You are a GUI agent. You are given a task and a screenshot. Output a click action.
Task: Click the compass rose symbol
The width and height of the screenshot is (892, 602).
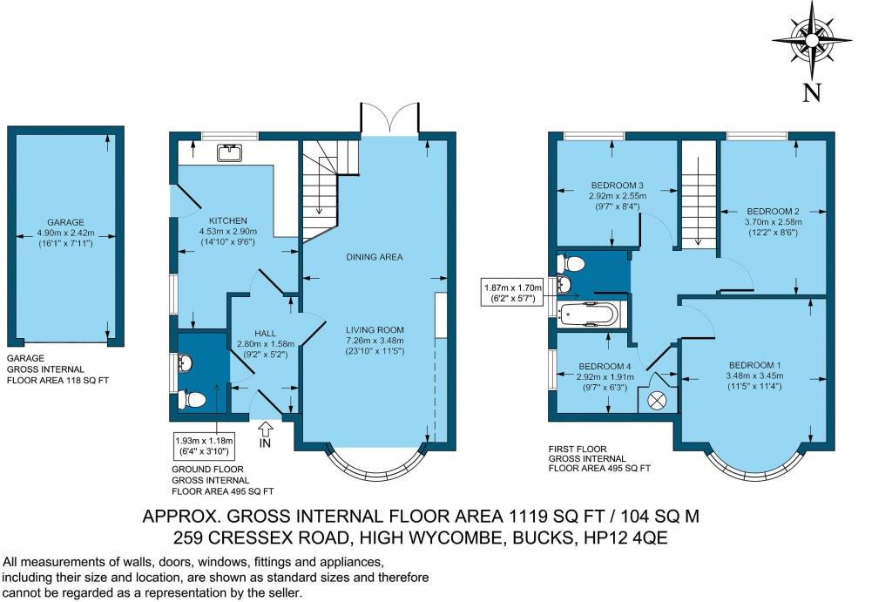tap(812, 40)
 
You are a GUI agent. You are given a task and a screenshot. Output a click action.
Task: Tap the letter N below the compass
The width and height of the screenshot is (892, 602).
tap(813, 92)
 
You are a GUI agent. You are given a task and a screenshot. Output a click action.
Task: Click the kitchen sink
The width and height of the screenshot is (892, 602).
tap(230, 152)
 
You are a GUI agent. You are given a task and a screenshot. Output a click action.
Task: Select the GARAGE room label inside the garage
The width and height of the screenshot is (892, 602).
tap(65, 222)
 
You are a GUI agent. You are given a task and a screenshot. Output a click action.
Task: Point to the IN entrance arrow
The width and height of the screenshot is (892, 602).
tap(266, 434)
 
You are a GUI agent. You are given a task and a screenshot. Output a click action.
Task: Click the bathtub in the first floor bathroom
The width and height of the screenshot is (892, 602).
tap(588, 315)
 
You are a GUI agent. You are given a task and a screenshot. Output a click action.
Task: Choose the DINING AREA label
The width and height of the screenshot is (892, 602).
tap(375, 257)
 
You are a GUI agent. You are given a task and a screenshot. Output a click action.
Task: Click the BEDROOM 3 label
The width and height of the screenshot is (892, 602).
tap(618, 186)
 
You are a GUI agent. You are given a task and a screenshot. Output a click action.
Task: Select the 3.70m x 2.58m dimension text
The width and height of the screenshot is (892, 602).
tap(774, 222)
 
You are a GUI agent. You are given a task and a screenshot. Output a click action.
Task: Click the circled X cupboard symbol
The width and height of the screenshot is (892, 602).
tap(657, 400)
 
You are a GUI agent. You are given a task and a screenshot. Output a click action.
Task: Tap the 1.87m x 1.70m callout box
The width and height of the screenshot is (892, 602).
tap(512, 293)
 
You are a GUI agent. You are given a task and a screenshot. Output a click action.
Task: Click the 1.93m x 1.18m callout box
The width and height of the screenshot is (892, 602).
tap(204, 446)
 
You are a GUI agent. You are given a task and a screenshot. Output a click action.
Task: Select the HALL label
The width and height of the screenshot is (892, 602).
tap(266, 334)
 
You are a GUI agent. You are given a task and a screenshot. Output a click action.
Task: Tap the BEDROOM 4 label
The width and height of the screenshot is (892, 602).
tap(605, 367)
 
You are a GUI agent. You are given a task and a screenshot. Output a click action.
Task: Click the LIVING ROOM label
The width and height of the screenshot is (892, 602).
tap(375, 330)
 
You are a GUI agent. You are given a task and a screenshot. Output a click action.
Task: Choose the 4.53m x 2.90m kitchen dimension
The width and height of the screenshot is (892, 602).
tap(228, 232)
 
